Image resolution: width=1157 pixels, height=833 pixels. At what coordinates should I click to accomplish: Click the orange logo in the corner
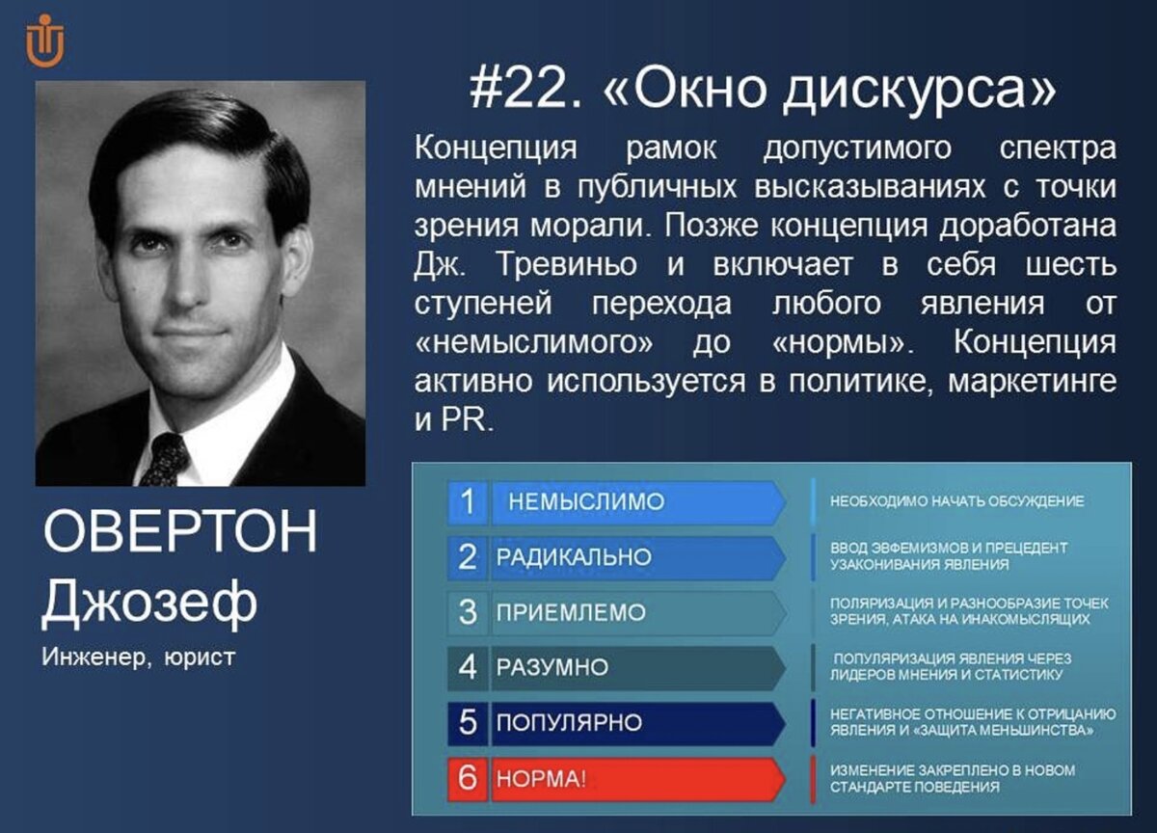pos(45,40)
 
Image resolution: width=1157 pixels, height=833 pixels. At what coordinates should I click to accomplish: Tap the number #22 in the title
pos(526,90)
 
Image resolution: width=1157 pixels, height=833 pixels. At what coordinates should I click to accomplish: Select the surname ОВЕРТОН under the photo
pos(179,531)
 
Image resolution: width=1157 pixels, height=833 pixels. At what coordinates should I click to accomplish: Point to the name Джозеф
pos(149,603)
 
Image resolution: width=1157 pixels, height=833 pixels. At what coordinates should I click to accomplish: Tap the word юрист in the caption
pos(200,658)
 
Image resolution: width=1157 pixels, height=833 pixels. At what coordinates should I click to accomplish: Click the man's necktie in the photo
pos(164,459)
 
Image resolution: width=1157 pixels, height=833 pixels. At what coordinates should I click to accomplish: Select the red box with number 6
pos(468,779)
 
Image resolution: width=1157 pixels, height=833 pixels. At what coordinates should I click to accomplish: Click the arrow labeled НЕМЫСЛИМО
pos(638,502)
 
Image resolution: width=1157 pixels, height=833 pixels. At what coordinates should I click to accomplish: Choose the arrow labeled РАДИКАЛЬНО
pos(638,557)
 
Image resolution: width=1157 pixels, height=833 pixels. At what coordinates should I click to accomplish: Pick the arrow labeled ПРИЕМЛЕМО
pos(638,613)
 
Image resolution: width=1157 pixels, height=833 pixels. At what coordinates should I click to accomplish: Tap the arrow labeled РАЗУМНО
pos(638,668)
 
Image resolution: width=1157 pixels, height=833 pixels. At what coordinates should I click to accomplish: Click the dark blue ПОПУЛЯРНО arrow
pos(638,723)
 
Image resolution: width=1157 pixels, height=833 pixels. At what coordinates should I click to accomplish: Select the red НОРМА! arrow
pos(638,779)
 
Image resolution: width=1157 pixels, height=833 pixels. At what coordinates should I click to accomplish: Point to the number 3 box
pos(468,613)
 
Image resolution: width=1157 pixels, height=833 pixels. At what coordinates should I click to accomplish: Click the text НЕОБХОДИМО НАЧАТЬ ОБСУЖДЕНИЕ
pos(957,501)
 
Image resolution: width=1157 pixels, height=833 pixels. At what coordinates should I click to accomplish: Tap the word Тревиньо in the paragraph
pos(566,264)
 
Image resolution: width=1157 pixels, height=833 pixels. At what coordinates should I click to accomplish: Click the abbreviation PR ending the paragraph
pos(468,420)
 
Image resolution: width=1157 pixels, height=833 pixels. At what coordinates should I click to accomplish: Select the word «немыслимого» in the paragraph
pos(533,343)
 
